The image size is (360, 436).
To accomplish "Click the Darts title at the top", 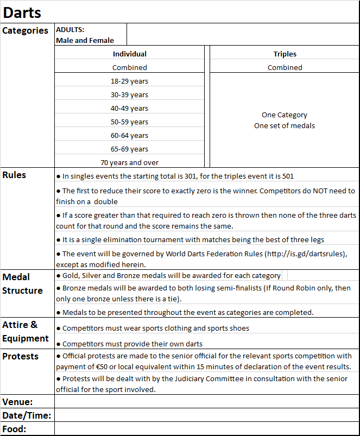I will [22, 12].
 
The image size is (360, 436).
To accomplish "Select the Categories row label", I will [26, 31].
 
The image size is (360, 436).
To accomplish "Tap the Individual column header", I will [129, 54].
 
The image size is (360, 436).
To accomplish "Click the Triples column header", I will [285, 54].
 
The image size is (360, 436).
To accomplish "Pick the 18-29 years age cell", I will [129, 81].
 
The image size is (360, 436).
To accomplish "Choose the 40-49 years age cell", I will [129, 108].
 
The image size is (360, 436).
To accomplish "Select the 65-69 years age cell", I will [129, 149].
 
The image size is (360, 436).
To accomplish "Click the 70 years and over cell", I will [129, 162].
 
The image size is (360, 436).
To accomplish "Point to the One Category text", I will [284, 115].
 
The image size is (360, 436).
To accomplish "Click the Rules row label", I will [14, 175].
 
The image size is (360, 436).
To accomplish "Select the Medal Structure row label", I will [22, 284].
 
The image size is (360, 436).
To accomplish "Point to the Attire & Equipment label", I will [25, 332].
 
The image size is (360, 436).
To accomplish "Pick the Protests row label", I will [21, 356].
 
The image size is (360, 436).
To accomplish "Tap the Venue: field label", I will [17, 402].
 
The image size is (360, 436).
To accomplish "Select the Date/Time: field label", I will [27, 416].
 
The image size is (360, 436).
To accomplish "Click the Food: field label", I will [15, 429].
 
